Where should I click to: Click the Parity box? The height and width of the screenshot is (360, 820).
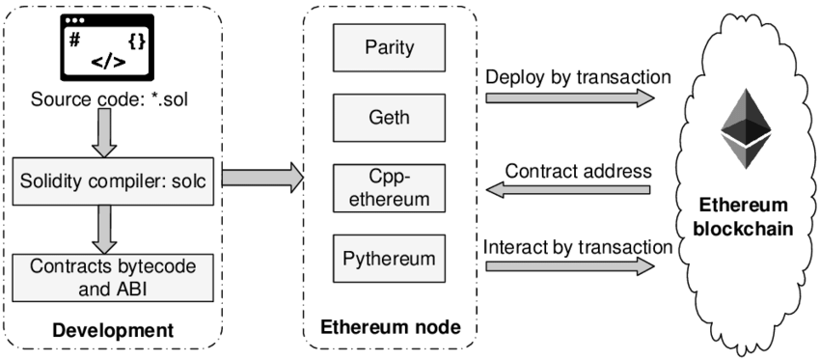click(389, 47)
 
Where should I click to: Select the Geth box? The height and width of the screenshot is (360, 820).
click(389, 118)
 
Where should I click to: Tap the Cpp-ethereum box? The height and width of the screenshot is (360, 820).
click(389, 188)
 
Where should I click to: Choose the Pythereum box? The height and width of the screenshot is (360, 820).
click(389, 259)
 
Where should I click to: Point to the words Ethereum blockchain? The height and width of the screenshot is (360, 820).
click(743, 217)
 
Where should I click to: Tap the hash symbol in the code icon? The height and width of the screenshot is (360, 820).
click(74, 41)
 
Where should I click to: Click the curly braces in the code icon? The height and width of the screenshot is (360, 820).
click(138, 42)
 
